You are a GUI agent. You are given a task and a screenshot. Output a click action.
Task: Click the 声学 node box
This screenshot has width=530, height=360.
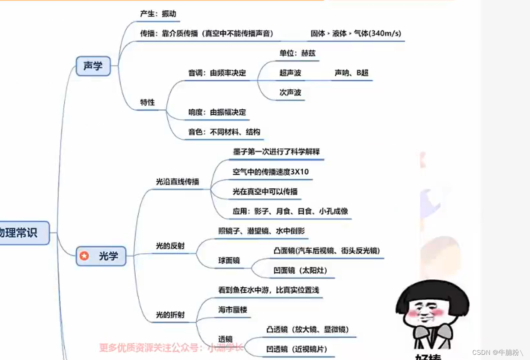point(93,66)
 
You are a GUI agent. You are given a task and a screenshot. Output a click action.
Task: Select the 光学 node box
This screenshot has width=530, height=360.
point(101,256)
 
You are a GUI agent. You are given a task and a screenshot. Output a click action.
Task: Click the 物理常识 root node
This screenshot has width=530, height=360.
point(20,233)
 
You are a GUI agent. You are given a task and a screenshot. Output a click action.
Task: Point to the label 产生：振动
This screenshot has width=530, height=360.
point(158,14)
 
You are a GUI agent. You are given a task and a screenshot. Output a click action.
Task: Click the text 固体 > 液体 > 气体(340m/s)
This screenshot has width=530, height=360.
point(356,33)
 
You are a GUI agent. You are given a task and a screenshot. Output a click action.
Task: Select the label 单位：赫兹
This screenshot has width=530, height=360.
point(298,53)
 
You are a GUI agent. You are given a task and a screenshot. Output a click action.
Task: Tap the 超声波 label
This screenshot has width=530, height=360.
point(290,73)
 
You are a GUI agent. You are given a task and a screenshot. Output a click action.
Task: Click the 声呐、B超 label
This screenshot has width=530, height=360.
point(351,73)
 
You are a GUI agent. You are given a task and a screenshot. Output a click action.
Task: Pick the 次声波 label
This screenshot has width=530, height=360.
point(290,92)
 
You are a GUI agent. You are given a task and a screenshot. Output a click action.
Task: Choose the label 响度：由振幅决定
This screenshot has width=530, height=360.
point(217,112)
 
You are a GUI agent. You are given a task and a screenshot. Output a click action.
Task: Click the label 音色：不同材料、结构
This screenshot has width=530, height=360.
point(224,132)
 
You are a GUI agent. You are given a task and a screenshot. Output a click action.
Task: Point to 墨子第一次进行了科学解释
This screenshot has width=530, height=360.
point(276,152)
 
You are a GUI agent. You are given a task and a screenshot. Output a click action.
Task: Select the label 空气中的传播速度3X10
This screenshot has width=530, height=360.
point(271,172)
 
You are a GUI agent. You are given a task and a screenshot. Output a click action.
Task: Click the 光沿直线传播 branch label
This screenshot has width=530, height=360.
point(177,182)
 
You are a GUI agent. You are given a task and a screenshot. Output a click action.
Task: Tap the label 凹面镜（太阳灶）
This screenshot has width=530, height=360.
point(300,271)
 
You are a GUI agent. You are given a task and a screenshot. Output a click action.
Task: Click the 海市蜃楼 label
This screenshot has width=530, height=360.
point(233,310)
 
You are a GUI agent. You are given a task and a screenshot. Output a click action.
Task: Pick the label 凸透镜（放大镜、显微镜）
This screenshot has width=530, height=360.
point(308,329)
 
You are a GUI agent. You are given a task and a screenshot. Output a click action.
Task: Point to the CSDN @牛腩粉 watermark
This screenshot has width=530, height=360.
point(497,352)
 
